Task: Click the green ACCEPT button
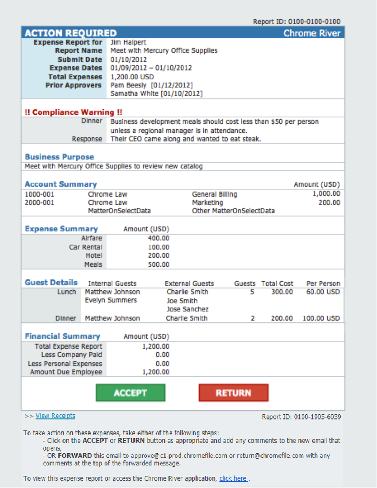[x=130, y=393]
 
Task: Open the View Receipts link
[x=55, y=416]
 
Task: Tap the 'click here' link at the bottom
[x=234, y=478]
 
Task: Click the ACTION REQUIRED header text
[x=71, y=33]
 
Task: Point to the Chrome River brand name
[x=312, y=33]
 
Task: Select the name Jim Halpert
[x=128, y=42]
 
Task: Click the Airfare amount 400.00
[x=159, y=238]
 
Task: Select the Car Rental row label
[x=85, y=247]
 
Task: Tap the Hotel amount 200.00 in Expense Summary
[x=159, y=256]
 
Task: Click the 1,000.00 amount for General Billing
[x=326, y=194]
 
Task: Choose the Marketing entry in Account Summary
[x=208, y=202]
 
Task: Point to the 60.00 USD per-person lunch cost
[x=323, y=292]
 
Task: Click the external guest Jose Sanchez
[x=188, y=309]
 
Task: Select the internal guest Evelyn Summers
[x=111, y=300]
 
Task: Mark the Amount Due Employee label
[x=66, y=372]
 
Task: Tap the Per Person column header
[x=323, y=284]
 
